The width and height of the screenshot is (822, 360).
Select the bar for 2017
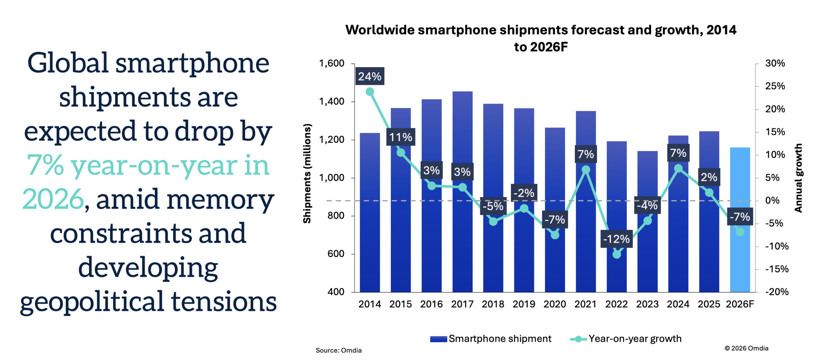(x=462, y=239)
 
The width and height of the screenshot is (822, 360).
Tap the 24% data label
(x=369, y=76)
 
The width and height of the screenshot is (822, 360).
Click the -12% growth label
(x=616, y=239)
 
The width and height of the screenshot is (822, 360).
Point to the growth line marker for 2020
(x=555, y=235)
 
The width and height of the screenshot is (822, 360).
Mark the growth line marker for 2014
(x=370, y=92)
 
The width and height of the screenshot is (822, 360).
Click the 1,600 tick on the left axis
(x=331, y=63)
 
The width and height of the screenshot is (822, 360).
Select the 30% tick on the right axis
(x=775, y=63)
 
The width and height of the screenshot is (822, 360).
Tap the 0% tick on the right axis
(x=772, y=200)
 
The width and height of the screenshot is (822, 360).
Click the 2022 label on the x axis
(x=616, y=304)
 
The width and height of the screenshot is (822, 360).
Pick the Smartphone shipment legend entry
(x=491, y=339)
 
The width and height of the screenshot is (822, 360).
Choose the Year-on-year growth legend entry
(x=626, y=339)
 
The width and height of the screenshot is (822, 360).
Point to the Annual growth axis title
(x=798, y=178)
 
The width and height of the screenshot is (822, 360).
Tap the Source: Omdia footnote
(x=338, y=350)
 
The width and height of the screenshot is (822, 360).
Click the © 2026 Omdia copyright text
(x=746, y=348)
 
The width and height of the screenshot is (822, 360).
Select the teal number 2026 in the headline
(x=53, y=199)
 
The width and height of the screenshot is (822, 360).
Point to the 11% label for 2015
(x=400, y=137)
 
